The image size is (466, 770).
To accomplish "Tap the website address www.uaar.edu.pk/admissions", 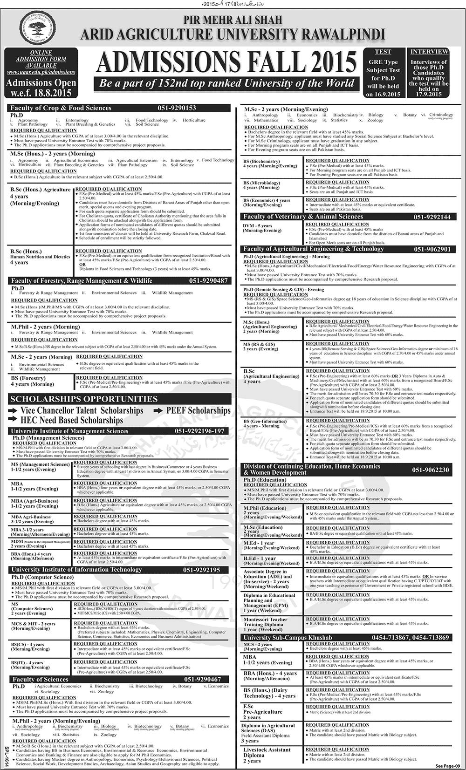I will pyautogui.click(x=41, y=72).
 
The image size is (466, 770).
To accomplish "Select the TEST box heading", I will pyautogui.click(x=383, y=52).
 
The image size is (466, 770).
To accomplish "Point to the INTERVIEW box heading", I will pyautogui.click(x=429, y=51).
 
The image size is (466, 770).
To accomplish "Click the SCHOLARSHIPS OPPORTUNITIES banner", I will pyautogui.click(x=84, y=399).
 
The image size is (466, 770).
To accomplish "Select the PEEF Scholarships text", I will pyautogui.click(x=192, y=410).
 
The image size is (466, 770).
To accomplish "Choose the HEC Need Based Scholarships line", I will pyautogui.click(x=66, y=420).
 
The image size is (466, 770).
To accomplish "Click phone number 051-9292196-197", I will pyautogui.click(x=199, y=431).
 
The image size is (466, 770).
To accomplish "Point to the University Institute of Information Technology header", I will pyautogui.click(x=76, y=569).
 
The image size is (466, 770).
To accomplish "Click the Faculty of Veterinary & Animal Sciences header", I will pyautogui.click(x=303, y=217).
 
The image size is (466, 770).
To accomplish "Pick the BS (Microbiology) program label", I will pyautogui.click(x=262, y=185).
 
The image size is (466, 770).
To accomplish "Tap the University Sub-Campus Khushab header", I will pyautogui.click(x=288, y=637).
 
